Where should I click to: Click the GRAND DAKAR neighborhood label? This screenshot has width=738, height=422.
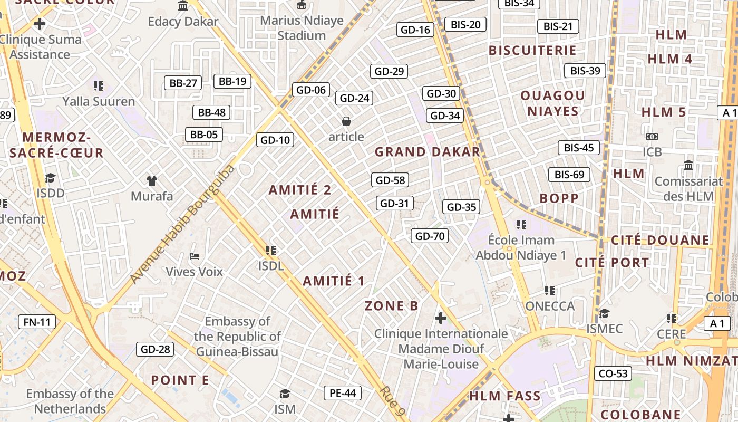pos(427,152)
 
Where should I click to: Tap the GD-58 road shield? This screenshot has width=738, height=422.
pos(390,180)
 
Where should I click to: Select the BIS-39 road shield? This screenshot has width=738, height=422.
pos(585,71)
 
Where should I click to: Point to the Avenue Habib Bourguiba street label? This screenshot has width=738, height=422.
pos(182,224)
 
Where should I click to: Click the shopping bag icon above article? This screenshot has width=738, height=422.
pos(346,122)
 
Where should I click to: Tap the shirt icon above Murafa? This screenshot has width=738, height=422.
pos(152,181)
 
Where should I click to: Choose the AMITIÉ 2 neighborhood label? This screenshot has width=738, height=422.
pos(300,190)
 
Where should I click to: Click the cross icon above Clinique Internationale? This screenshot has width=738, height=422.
pos(441,318)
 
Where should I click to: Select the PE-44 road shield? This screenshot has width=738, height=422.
pos(343,392)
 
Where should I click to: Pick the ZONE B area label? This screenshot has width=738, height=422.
pos(392,306)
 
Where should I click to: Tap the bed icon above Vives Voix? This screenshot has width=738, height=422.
pos(195,257)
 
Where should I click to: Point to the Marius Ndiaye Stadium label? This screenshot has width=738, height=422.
pos(302,28)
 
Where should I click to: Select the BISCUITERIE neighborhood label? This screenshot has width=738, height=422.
pos(532,51)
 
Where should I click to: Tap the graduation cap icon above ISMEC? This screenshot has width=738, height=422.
pos(604,313)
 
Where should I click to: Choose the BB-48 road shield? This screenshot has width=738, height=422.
pos(211,112)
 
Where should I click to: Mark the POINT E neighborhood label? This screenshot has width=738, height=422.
pos(180,380)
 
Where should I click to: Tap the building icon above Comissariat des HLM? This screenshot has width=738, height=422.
pos(688,166)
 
